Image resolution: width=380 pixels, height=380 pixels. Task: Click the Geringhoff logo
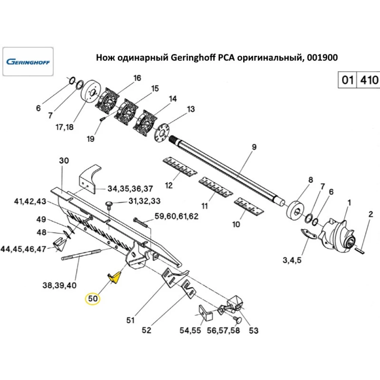tap(28, 62)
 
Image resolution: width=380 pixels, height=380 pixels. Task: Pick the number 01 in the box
tap(347, 80)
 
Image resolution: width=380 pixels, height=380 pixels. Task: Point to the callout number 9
tap(254, 147)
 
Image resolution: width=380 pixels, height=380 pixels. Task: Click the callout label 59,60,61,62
tap(177, 217)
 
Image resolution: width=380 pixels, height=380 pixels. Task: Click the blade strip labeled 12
tap(178, 167)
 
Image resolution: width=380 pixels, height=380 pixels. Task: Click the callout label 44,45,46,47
tap(23, 249)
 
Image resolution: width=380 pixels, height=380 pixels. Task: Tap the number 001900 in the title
tap(321, 58)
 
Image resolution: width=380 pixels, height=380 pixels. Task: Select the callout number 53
tap(253, 331)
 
